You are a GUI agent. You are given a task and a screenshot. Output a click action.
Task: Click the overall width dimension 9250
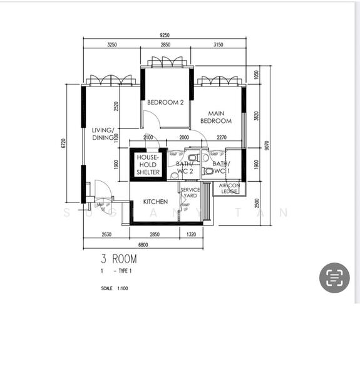pos(165,36)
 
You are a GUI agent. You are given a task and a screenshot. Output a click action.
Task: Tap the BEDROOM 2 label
pos(165,103)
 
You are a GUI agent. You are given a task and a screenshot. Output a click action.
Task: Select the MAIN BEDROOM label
pos(216,117)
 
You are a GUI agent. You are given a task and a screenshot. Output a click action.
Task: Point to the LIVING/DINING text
pos(103,134)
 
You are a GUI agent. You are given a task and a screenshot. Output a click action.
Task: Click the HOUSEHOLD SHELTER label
pos(148,165)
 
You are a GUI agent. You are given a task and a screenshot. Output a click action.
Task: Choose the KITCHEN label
pos(155,202)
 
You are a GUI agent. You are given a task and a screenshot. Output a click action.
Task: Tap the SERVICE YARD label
pos(190,193)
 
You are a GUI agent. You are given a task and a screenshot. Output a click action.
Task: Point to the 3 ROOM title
pos(118,258)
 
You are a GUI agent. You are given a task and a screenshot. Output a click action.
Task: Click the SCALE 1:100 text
pos(113,289)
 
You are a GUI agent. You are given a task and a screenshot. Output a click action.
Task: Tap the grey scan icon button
pos(334,278)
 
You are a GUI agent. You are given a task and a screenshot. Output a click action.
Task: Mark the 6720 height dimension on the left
pos(63,144)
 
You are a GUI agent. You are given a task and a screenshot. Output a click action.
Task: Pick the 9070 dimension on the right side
pos(267,145)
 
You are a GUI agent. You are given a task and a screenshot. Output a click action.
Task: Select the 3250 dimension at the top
pos(112,45)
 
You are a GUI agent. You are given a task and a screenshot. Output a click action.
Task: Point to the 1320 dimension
pos(191,234)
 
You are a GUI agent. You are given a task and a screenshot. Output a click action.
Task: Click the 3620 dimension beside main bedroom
pos(256,115)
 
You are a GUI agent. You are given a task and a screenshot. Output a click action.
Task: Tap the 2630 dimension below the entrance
pos(106,234)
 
